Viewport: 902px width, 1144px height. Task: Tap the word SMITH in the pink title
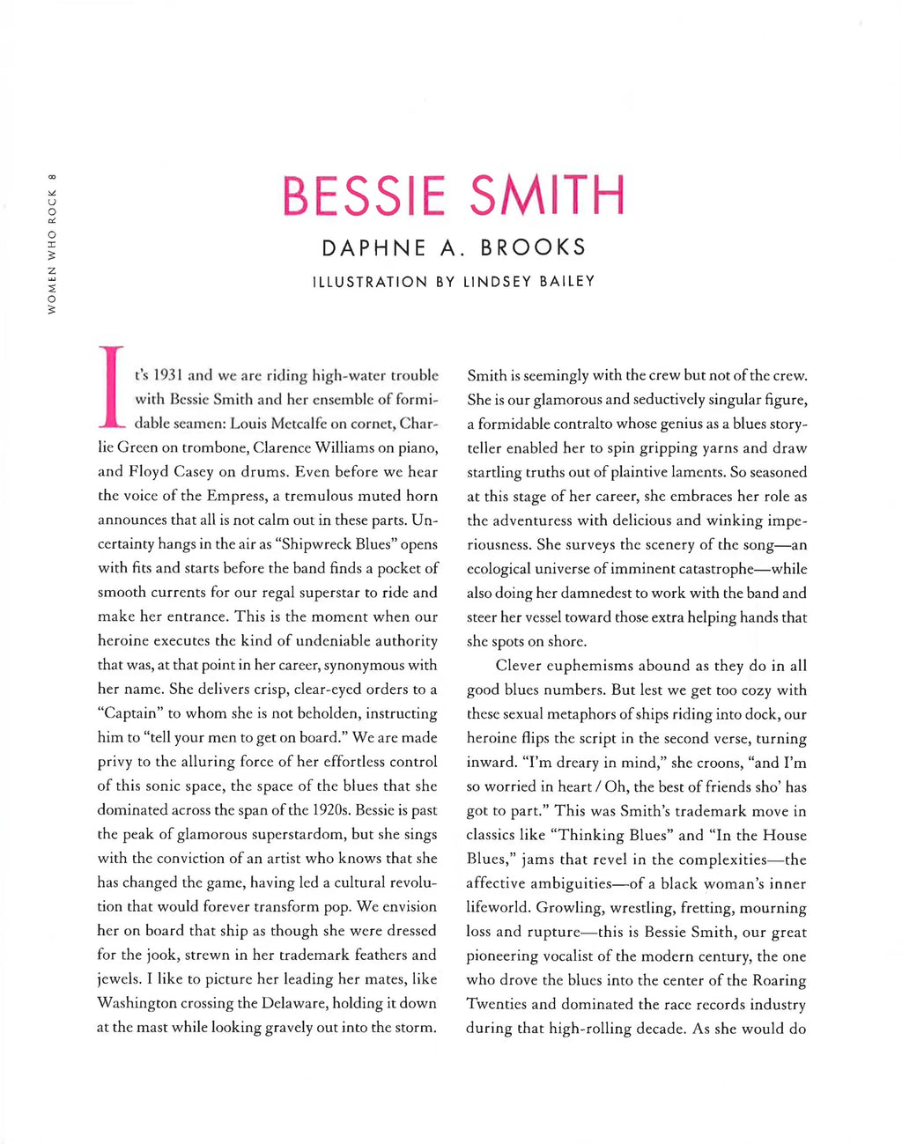[547, 196]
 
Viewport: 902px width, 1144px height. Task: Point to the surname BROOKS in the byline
[533, 248]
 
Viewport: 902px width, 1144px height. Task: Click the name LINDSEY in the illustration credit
[499, 282]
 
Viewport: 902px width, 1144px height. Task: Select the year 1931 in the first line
[171, 375]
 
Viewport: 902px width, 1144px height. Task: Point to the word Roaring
[780, 980]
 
